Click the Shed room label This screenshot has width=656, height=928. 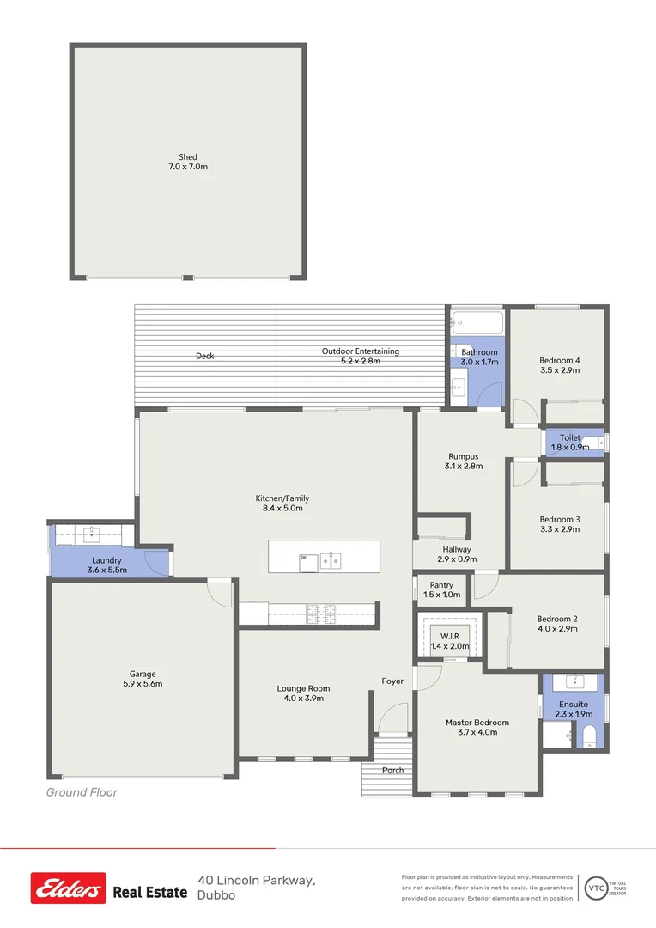[187, 157]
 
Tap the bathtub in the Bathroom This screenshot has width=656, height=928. [477, 324]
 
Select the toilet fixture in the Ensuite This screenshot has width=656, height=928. [589, 736]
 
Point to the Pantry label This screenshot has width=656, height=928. [441, 584]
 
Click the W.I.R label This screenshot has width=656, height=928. [450, 636]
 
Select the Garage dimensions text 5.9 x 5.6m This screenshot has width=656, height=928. [143, 685]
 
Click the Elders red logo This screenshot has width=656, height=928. [69, 888]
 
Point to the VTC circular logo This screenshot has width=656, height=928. [594, 887]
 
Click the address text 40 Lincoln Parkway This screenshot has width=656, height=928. [256, 880]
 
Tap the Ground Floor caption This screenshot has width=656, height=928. [82, 792]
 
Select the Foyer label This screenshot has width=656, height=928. [392, 681]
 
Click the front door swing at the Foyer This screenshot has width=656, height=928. [394, 719]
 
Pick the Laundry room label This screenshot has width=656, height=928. [106, 560]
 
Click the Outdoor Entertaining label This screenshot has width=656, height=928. [360, 351]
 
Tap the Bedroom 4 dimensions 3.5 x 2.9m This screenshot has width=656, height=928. [559, 370]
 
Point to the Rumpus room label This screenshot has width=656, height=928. [463, 456]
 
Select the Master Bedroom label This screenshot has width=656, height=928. [477, 723]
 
